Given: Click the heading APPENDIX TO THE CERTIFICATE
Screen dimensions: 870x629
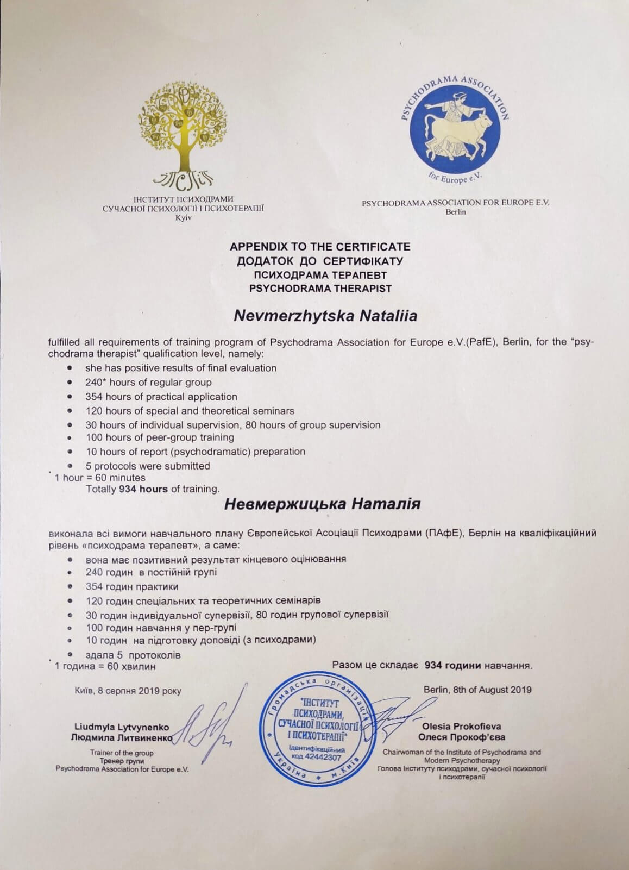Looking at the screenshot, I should (320, 247).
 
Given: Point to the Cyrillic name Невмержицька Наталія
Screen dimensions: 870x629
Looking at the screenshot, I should (323, 504).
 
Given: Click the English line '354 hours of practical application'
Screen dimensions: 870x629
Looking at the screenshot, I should (161, 397).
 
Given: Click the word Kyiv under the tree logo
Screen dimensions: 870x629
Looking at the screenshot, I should (184, 217).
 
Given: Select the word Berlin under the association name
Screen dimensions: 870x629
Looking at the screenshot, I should (456, 211).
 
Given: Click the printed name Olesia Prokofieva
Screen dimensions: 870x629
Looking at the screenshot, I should (461, 726).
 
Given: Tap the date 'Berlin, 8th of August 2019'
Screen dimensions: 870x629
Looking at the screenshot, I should (477, 690).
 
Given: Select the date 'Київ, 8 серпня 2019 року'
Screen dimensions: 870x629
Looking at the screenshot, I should (128, 691).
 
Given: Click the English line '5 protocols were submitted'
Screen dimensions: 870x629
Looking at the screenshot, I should (148, 466).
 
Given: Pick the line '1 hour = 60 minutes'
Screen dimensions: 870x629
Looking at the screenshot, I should (100, 478).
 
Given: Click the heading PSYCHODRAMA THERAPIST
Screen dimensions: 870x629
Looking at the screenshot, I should (320, 289).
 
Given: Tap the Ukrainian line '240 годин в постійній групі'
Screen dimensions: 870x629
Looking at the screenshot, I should (151, 572).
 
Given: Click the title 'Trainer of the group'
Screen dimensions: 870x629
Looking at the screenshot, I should (122, 753).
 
